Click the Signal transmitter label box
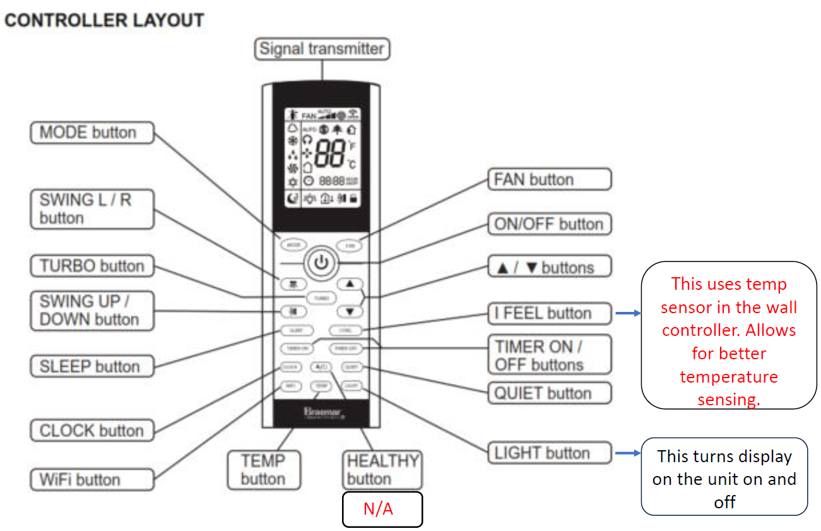322,49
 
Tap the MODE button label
92,133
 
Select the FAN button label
550,179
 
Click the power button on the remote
321,261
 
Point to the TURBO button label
92,266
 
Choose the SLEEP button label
92,366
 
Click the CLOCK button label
92,431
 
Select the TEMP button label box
263,469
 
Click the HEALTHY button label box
382,469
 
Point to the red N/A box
382,509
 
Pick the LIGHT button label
550,453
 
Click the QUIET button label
550,393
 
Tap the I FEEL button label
550,313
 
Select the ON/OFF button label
550,224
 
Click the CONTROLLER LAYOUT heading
104,20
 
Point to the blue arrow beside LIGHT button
627,453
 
